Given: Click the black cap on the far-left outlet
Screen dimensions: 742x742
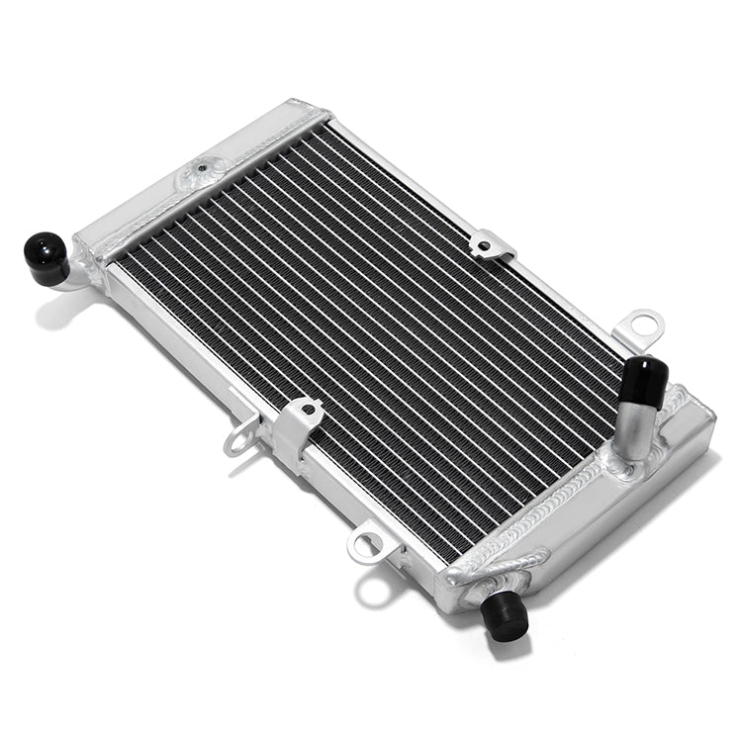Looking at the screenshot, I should click(46, 257).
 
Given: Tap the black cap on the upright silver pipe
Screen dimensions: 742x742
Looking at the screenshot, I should click(644, 381).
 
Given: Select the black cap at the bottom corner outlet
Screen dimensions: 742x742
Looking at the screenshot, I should click(505, 615).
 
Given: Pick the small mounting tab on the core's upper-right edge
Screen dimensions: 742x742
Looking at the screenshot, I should click(492, 243).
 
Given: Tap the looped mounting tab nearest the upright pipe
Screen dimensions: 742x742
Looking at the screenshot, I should click(639, 325).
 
